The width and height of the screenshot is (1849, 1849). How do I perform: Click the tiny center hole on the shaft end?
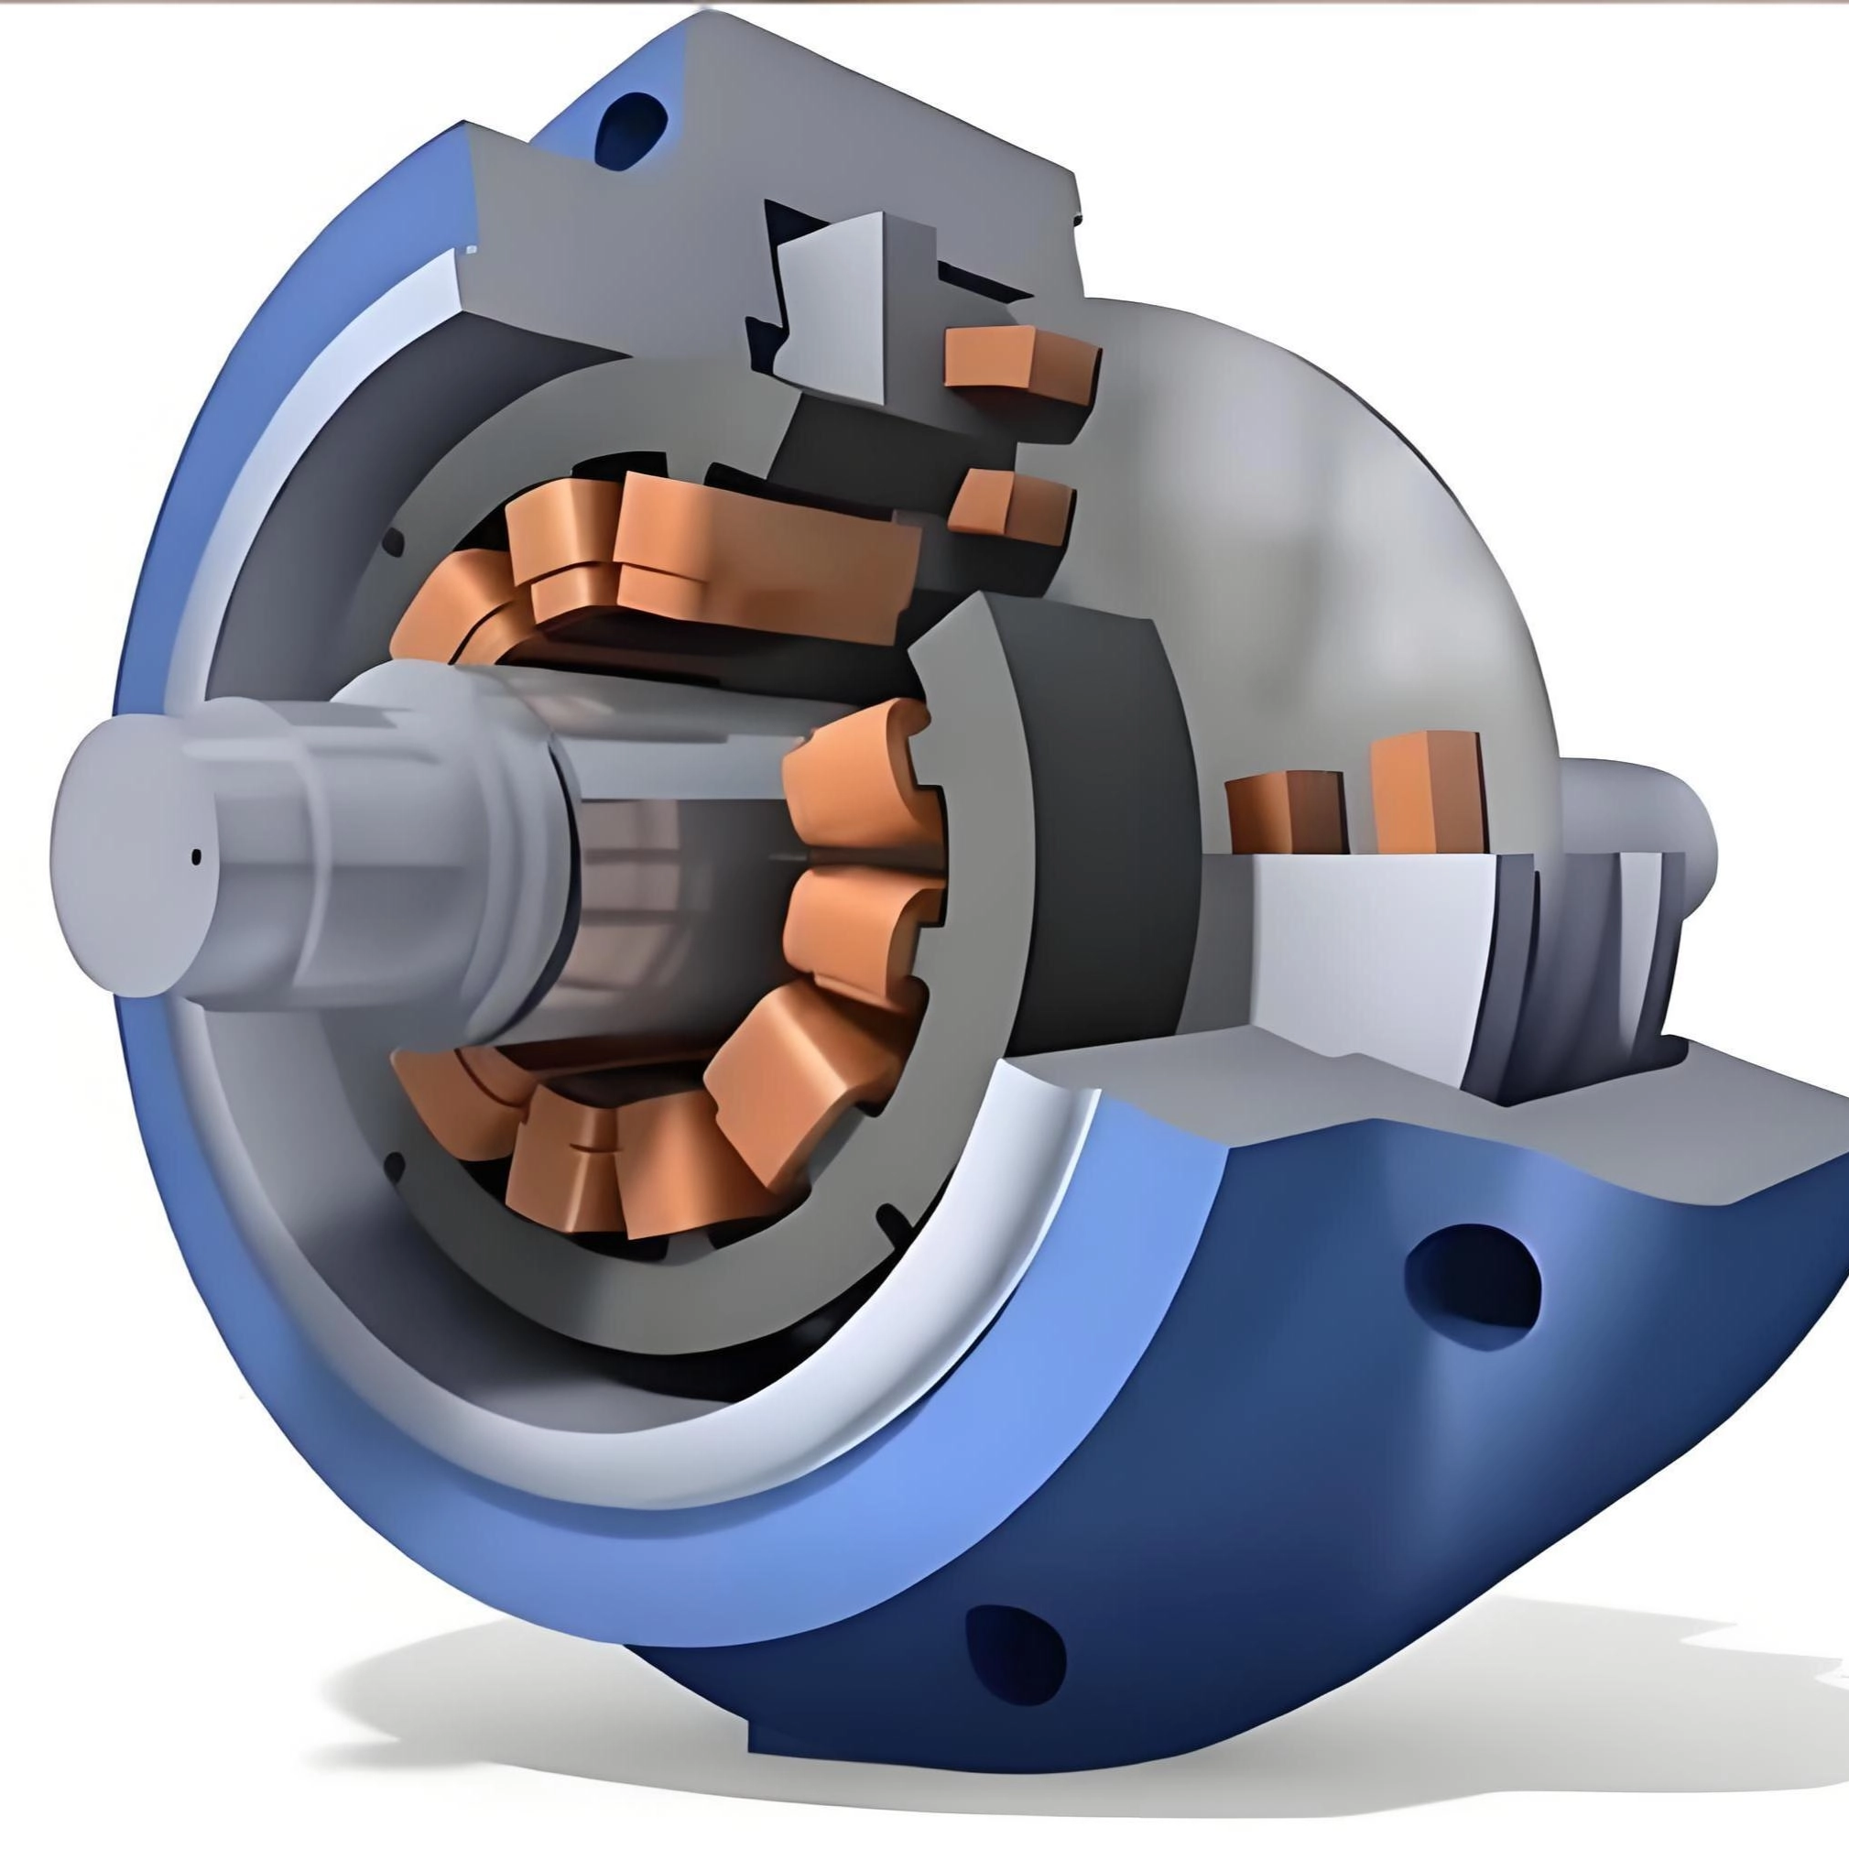197,855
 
